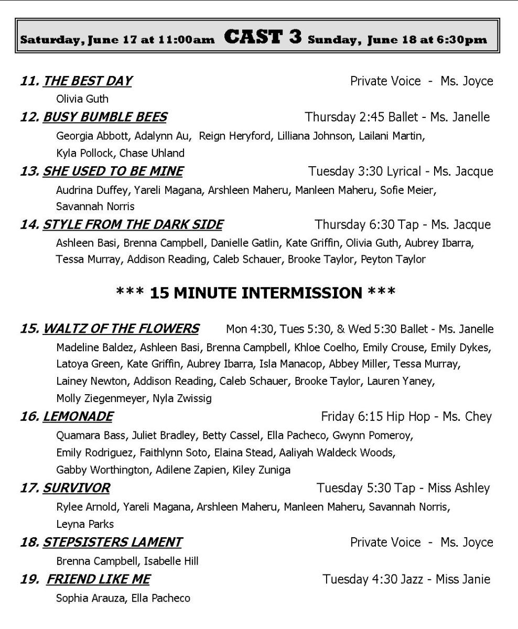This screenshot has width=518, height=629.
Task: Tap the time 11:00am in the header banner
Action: click(x=186, y=40)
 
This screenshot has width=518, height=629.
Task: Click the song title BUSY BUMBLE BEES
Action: click(x=105, y=117)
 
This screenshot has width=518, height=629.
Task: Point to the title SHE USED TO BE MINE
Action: click(x=113, y=171)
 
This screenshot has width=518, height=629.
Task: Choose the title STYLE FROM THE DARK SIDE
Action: click(x=133, y=225)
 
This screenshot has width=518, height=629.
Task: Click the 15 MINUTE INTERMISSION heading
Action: click(x=255, y=292)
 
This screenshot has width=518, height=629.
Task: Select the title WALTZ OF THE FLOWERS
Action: click(x=121, y=329)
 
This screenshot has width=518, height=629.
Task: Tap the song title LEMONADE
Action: click(x=78, y=417)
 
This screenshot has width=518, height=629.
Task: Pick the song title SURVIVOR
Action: click(x=76, y=489)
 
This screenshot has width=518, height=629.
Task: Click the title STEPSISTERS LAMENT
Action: click(x=112, y=542)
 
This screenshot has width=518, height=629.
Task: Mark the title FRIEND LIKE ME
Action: click(x=98, y=579)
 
